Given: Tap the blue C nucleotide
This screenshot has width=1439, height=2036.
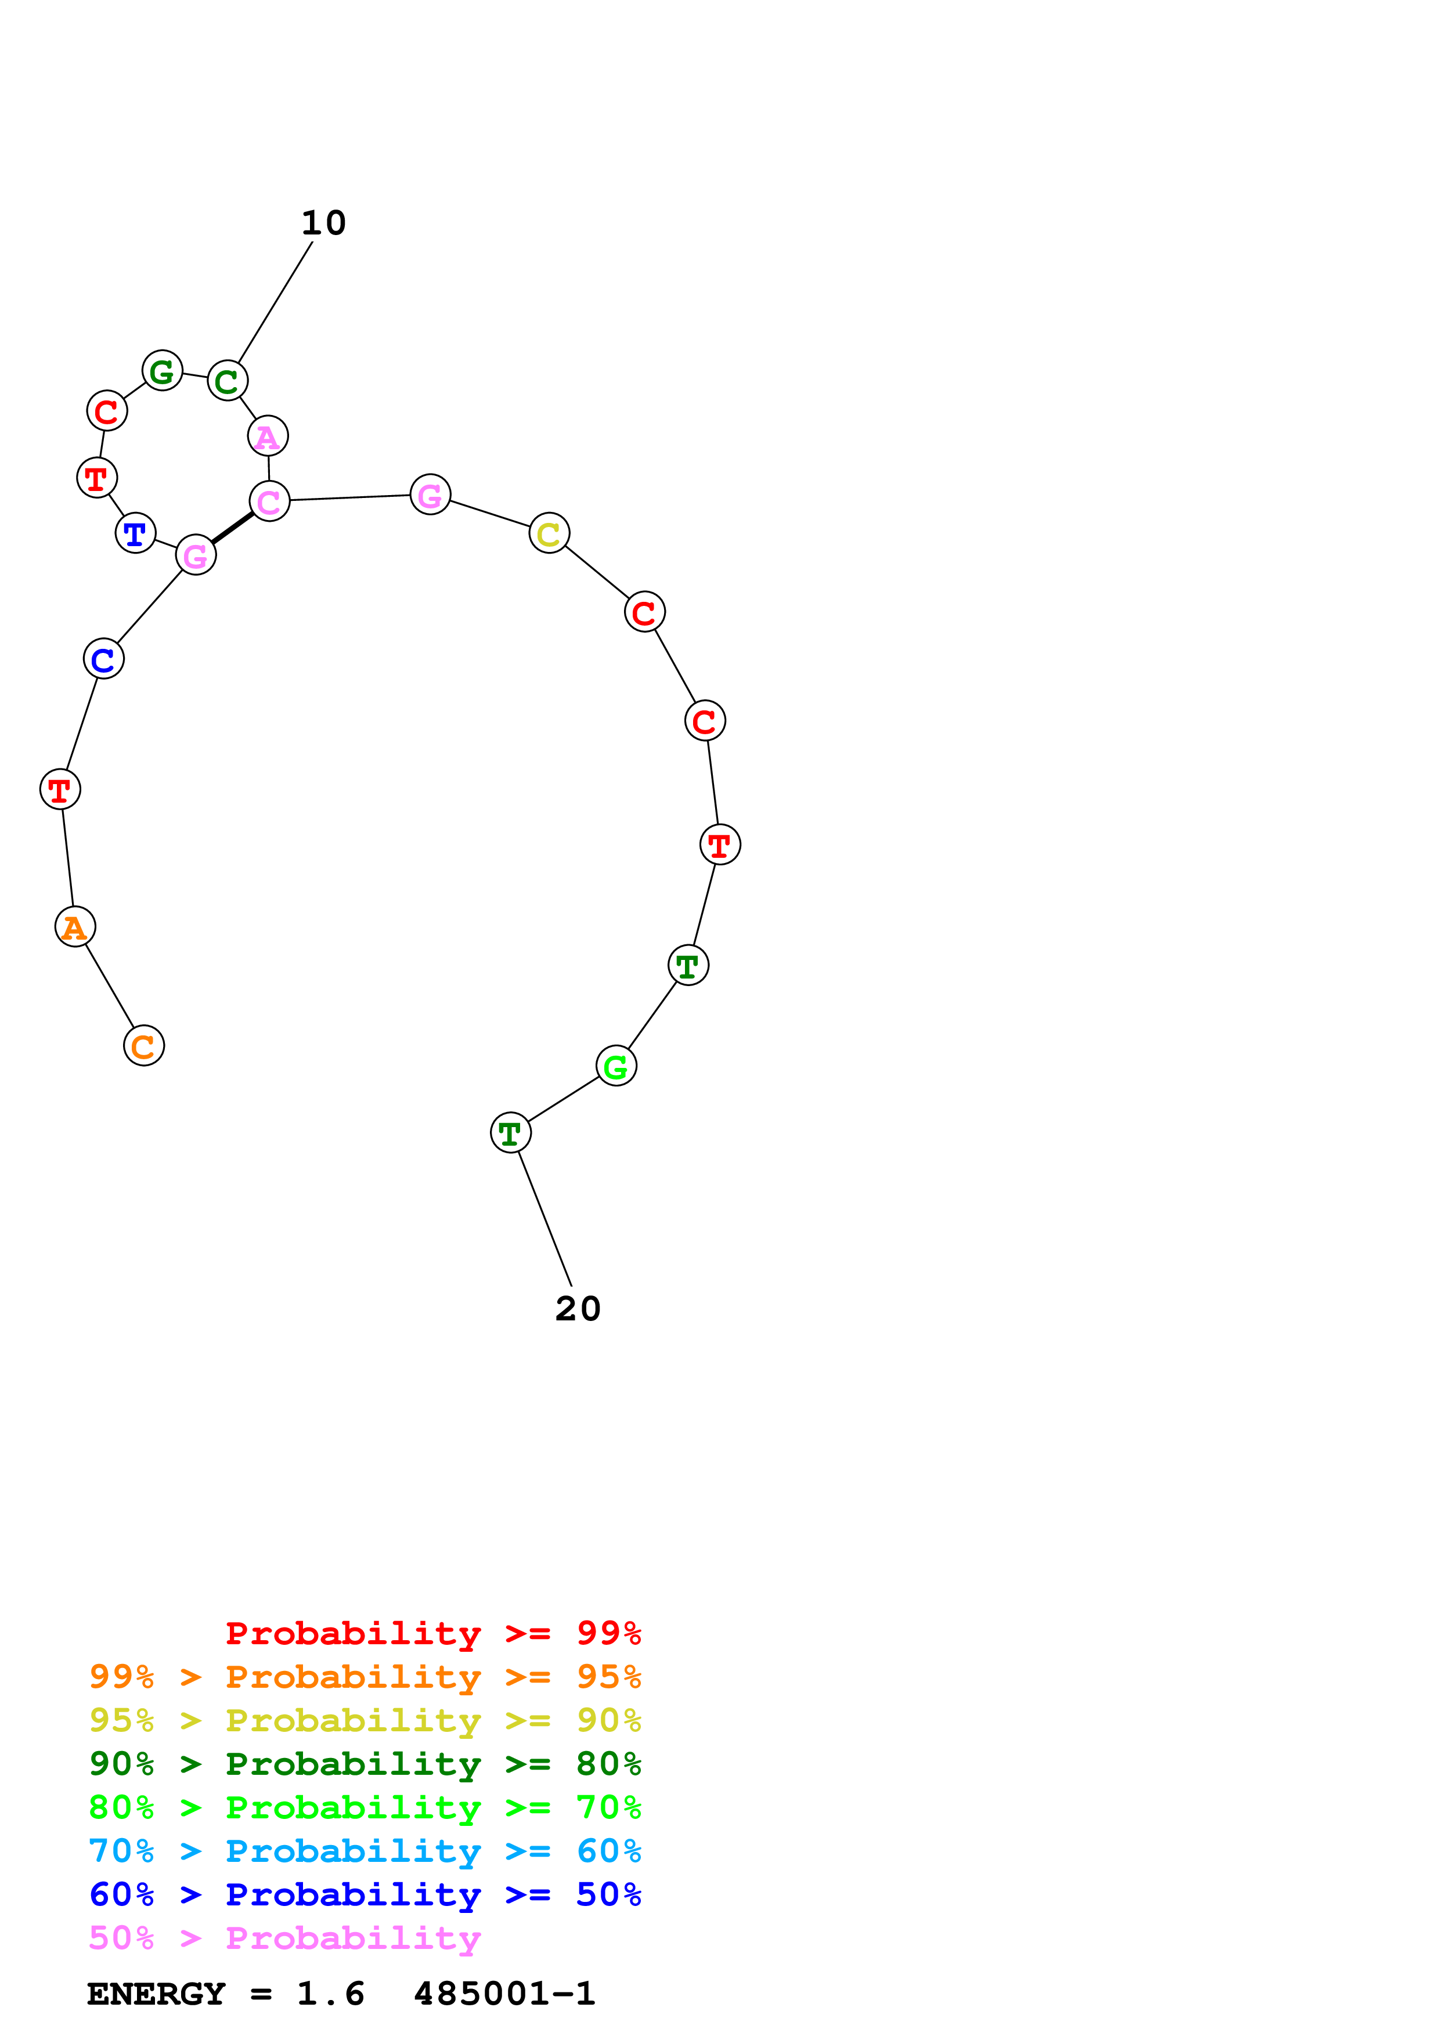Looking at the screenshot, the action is [104, 659].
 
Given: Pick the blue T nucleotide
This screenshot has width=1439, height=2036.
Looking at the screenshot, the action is [136, 533].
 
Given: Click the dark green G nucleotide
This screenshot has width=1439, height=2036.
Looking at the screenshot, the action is [163, 371].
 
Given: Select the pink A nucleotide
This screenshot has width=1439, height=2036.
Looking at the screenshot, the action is [268, 436].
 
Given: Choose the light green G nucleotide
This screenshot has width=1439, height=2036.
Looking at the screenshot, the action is [616, 1066].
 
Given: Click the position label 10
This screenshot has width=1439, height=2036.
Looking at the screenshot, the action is [324, 222].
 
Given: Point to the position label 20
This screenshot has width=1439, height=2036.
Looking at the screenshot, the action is [578, 1309].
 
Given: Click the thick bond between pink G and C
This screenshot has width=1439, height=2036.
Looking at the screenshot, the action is [232, 529].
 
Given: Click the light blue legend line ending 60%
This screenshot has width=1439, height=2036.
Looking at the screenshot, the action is [365, 1851].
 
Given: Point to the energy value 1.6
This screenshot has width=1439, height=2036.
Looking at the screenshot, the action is [331, 1994].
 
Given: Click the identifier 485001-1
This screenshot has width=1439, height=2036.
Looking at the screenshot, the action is [504, 1994].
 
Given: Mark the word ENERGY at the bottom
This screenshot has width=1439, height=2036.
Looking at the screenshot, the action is [156, 1994].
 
